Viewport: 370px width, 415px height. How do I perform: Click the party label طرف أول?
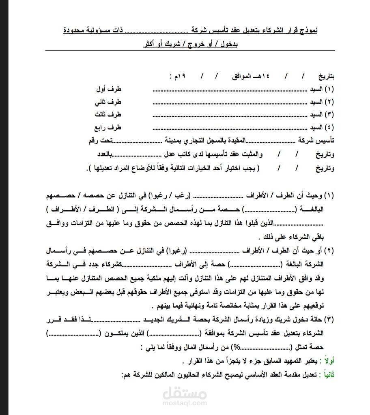pyautogui.click(x=109, y=89)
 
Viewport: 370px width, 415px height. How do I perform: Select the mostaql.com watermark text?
pyautogui.click(x=185, y=403)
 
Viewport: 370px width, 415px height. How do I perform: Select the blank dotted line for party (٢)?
pyautogui.click(x=230, y=103)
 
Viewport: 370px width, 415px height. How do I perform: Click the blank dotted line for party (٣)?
pyautogui.click(x=230, y=116)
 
